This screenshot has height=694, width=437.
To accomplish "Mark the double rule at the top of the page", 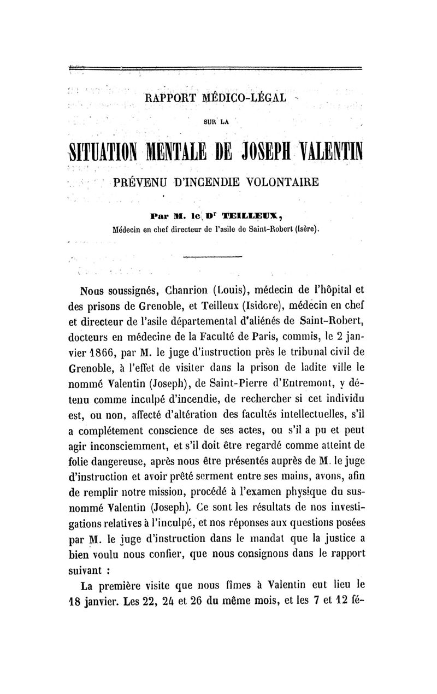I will (218, 68).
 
